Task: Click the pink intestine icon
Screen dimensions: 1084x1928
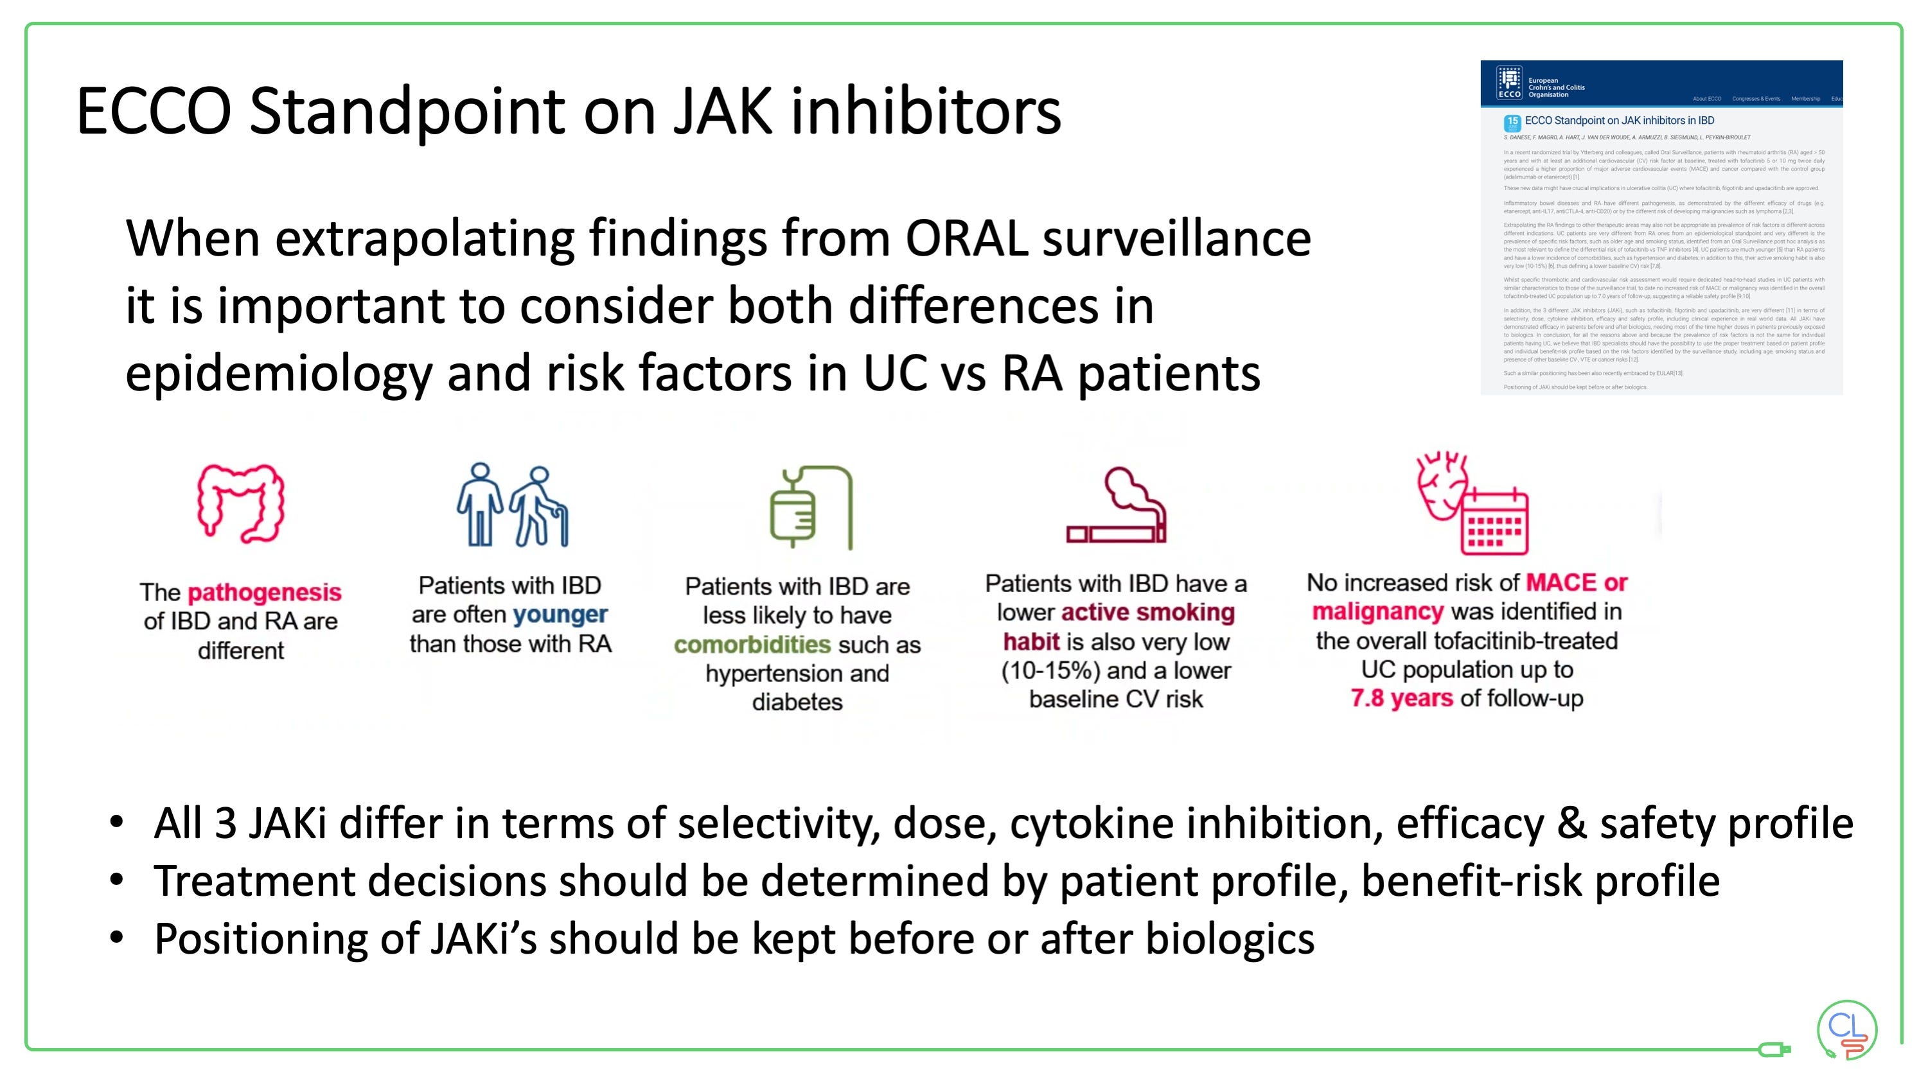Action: point(241,503)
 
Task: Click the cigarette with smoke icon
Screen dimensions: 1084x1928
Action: point(1117,507)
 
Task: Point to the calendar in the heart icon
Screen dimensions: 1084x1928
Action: point(1494,522)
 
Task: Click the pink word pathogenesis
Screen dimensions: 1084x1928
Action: point(264,593)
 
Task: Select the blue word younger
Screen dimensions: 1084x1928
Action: point(560,614)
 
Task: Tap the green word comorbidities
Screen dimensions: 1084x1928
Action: point(752,644)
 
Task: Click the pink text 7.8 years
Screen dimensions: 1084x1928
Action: point(1402,698)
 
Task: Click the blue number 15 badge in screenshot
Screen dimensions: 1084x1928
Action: point(1512,122)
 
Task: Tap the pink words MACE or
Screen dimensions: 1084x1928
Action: point(1576,582)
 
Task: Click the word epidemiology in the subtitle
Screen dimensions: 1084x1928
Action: point(278,373)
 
